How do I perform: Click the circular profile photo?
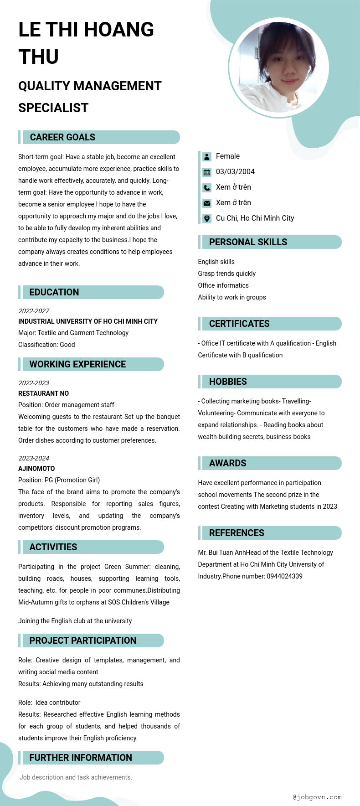[x=278, y=67]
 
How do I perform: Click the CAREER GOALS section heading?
[x=62, y=137]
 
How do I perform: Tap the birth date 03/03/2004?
[x=235, y=172]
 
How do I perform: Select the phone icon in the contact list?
[x=207, y=188]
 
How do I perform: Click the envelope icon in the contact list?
[x=207, y=203]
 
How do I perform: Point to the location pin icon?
[x=207, y=219]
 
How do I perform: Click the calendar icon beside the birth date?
[x=207, y=172]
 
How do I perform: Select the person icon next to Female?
[x=207, y=157]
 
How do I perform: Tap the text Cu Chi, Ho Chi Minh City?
[x=255, y=218]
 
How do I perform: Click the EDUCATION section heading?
[x=54, y=292]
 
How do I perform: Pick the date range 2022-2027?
[x=34, y=311]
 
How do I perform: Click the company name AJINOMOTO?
[x=36, y=469]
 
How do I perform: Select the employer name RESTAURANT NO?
[x=43, y=393]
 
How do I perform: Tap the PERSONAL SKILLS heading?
[x=248, y=242]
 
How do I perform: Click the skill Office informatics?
[x=223, y=285]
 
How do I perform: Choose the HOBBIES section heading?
[x=228, y=382]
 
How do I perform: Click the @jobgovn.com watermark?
[x=317, y=797]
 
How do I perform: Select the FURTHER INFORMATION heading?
[x=81, y=758]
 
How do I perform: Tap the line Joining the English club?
[x=75, y=621]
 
